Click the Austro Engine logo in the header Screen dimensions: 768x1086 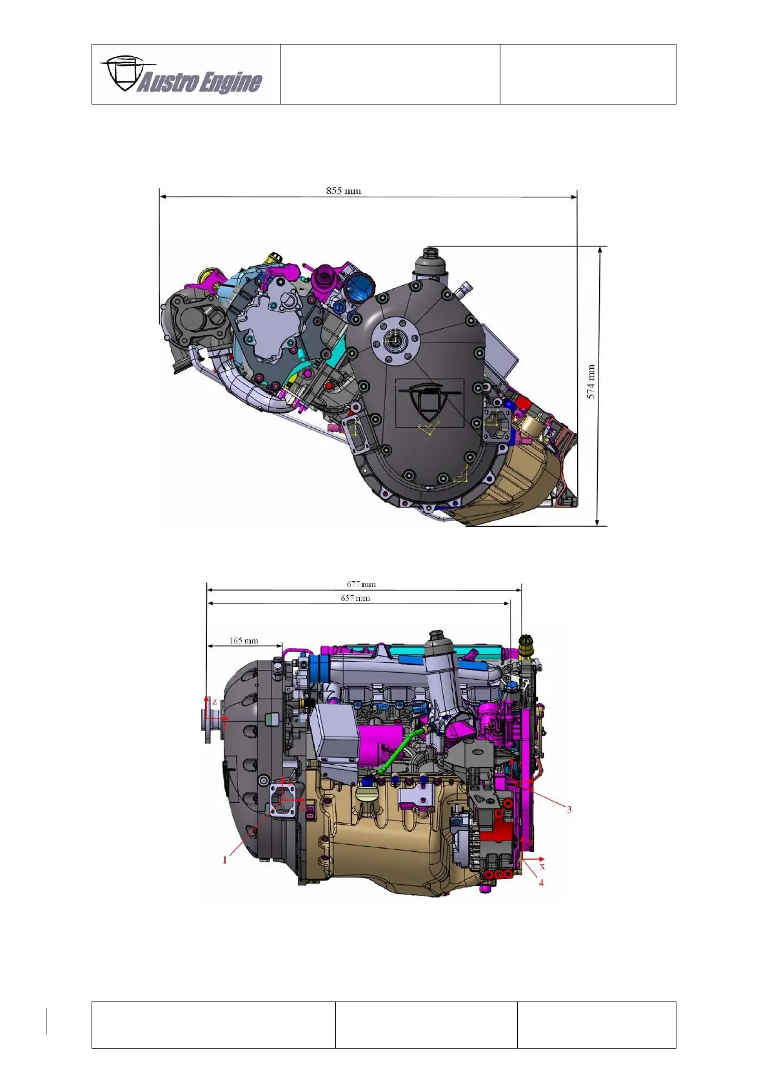point(181,75)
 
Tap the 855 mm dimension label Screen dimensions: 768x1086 point(343,190)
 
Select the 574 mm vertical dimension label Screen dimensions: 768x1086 point(591,382)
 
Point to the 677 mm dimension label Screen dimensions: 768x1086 point(361,584)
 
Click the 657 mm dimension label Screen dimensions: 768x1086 point(355,598)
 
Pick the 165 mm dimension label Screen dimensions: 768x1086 point(243,640)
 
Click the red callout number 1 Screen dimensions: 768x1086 point(224,860)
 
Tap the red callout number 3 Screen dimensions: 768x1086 point(569,809)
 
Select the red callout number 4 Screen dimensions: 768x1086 point(541,883)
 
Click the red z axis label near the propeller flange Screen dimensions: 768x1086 point(214,702)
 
